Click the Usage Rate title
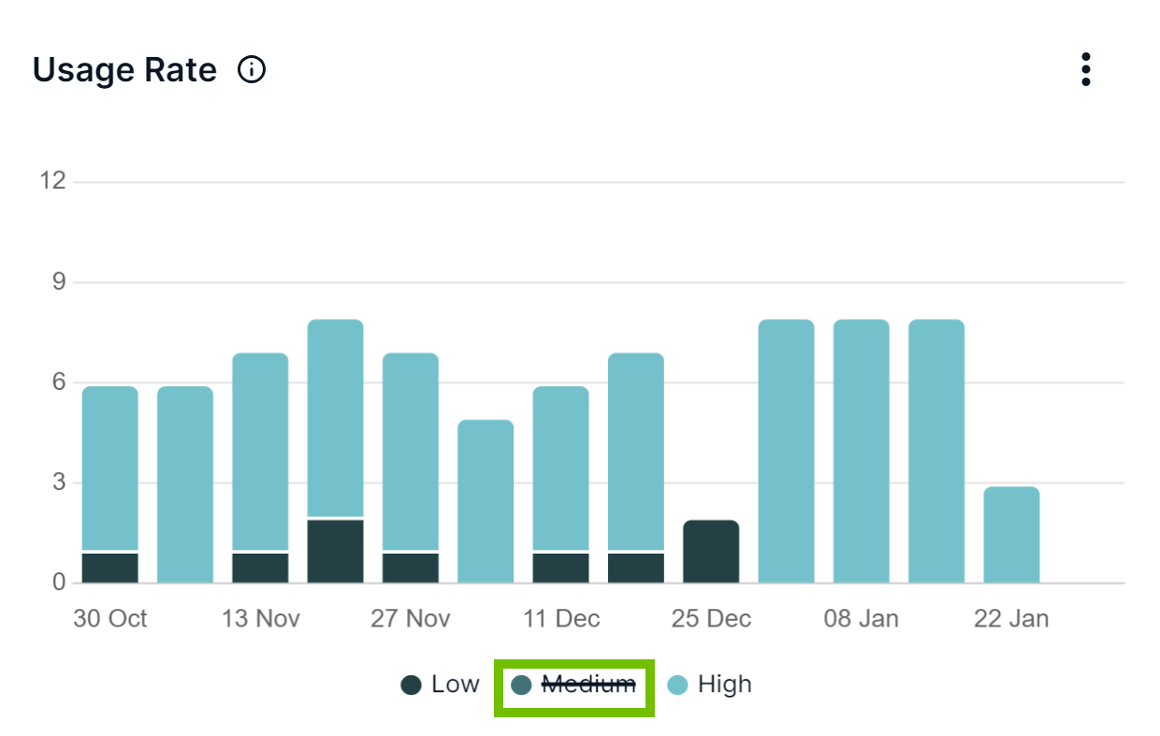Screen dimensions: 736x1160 [x=124, y=70]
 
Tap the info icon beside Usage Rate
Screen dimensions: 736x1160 [x=252, y=70]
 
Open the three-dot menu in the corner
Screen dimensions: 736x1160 [x=1085, y=69]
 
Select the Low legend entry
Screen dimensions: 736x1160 [x=441, y=685]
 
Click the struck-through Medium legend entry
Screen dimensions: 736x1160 [x=574, y=685]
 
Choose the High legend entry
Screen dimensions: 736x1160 [x=710, y=685]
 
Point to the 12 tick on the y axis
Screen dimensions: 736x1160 [x=52, y=180]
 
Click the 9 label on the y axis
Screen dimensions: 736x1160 [x=59, y=281]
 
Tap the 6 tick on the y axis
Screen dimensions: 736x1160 [x=59, y=382]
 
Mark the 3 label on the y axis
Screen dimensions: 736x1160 [x=59, y=483]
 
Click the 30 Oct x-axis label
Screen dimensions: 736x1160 [x=110, y=619]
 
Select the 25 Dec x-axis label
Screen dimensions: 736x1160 [x=711, y=619]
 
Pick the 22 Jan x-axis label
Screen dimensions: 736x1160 [x=1011, y=619]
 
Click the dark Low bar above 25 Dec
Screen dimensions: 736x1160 [x=711, y=552]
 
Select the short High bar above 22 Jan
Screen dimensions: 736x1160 [x=1011, y=535]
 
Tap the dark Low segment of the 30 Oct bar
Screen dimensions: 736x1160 [x=110, y=568]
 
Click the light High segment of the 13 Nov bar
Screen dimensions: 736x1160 [x=260, y=452]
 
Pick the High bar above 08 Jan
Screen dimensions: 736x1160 [x=862, y=452]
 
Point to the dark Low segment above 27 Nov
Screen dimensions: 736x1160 [x=411, y=568]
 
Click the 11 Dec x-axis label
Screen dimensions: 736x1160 [x=561, y=619]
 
